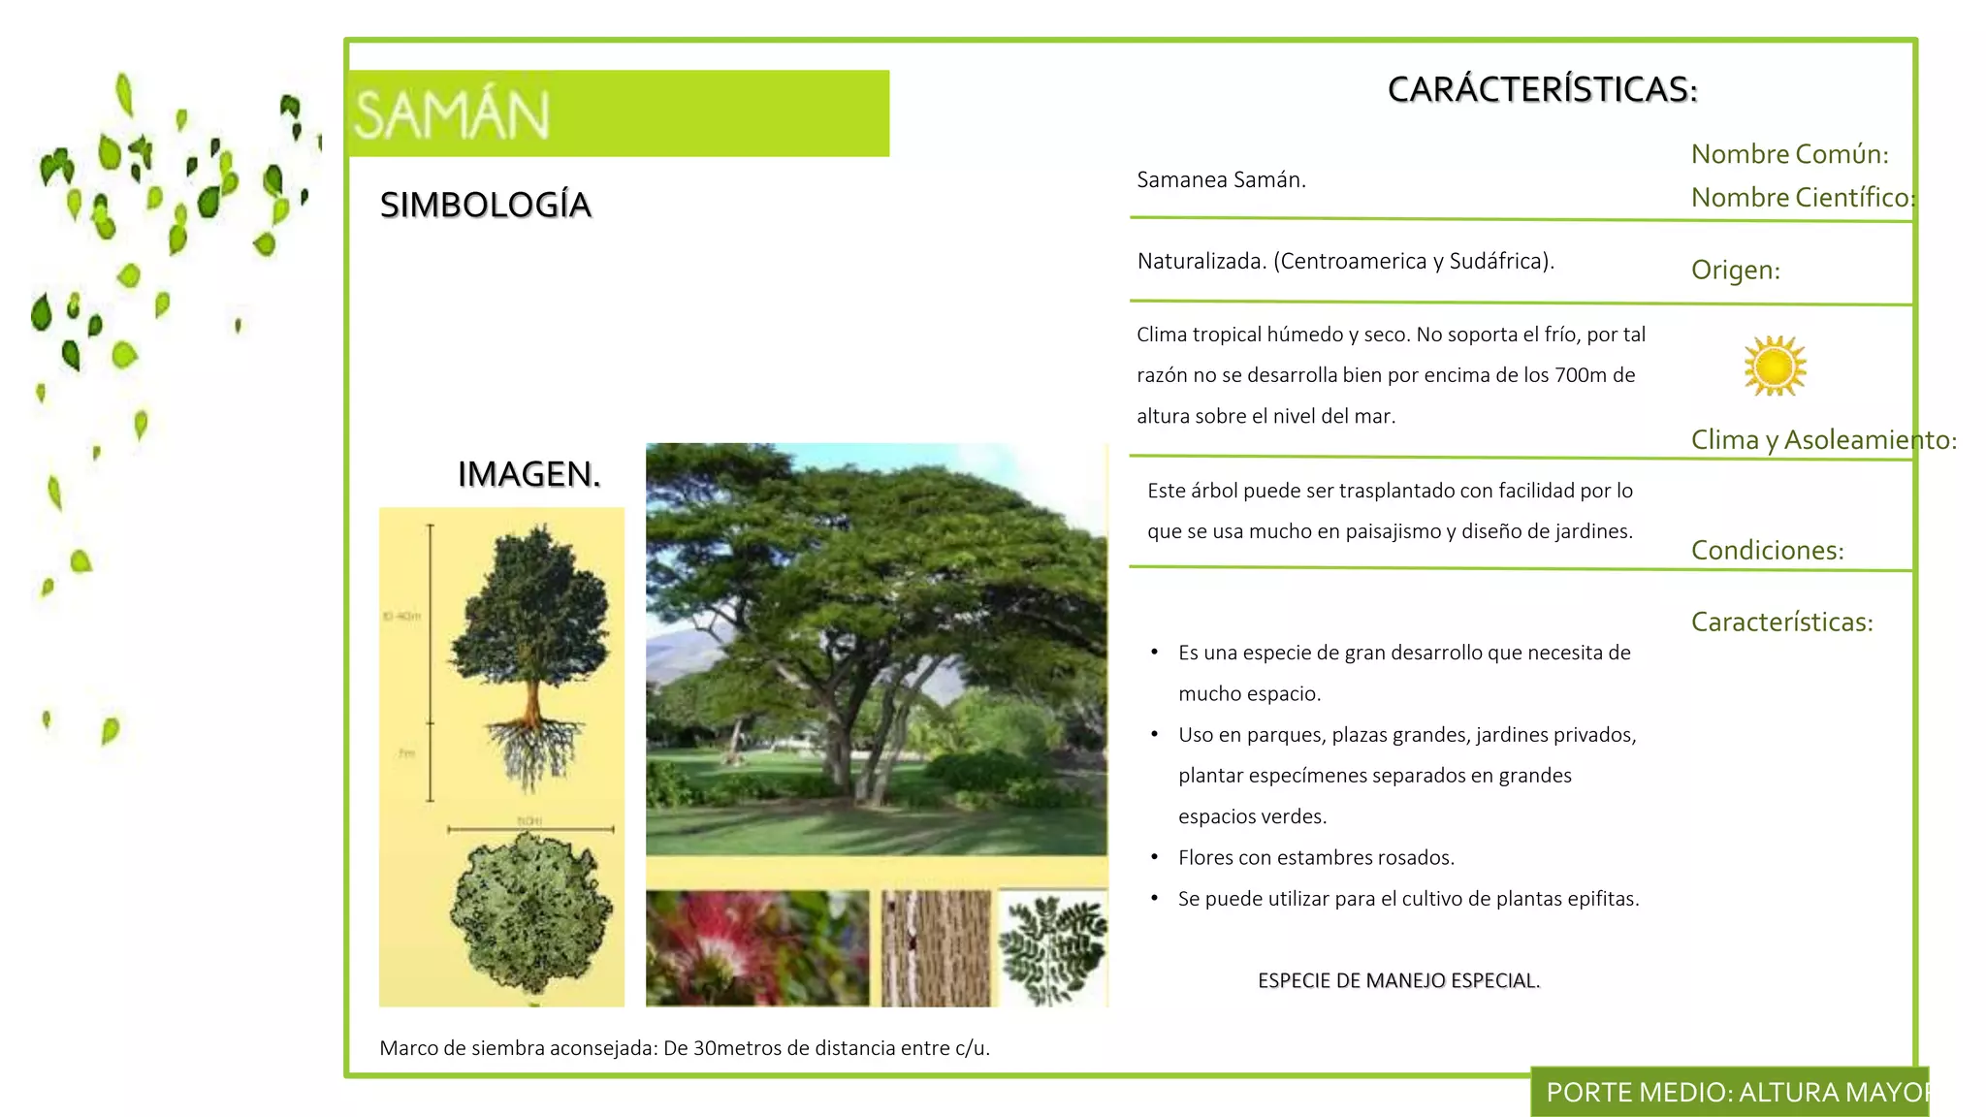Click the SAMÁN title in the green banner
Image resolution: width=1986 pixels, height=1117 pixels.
[452, 114]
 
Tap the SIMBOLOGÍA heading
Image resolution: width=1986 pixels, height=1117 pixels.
[485, 206]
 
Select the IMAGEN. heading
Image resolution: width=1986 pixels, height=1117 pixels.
[529, 474]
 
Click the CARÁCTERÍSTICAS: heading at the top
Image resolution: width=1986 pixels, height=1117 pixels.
[1542, 89]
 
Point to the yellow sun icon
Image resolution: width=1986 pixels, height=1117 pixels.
[1775, 367]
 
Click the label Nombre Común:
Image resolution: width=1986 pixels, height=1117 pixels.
[1789, 154]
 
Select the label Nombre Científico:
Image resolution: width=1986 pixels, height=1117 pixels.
[1802, 198]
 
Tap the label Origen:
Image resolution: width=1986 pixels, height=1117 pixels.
[1735, 270]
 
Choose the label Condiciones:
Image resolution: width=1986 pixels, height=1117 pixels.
[1767, 550]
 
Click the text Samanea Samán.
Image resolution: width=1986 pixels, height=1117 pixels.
[1221, 180]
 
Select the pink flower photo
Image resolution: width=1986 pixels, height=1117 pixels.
[756, 947]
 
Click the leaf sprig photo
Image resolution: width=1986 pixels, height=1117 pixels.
[1053, 947]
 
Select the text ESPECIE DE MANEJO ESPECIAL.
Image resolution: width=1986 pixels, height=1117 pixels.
[1398, 980]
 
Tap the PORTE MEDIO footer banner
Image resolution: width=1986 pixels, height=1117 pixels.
[1731, 1093]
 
